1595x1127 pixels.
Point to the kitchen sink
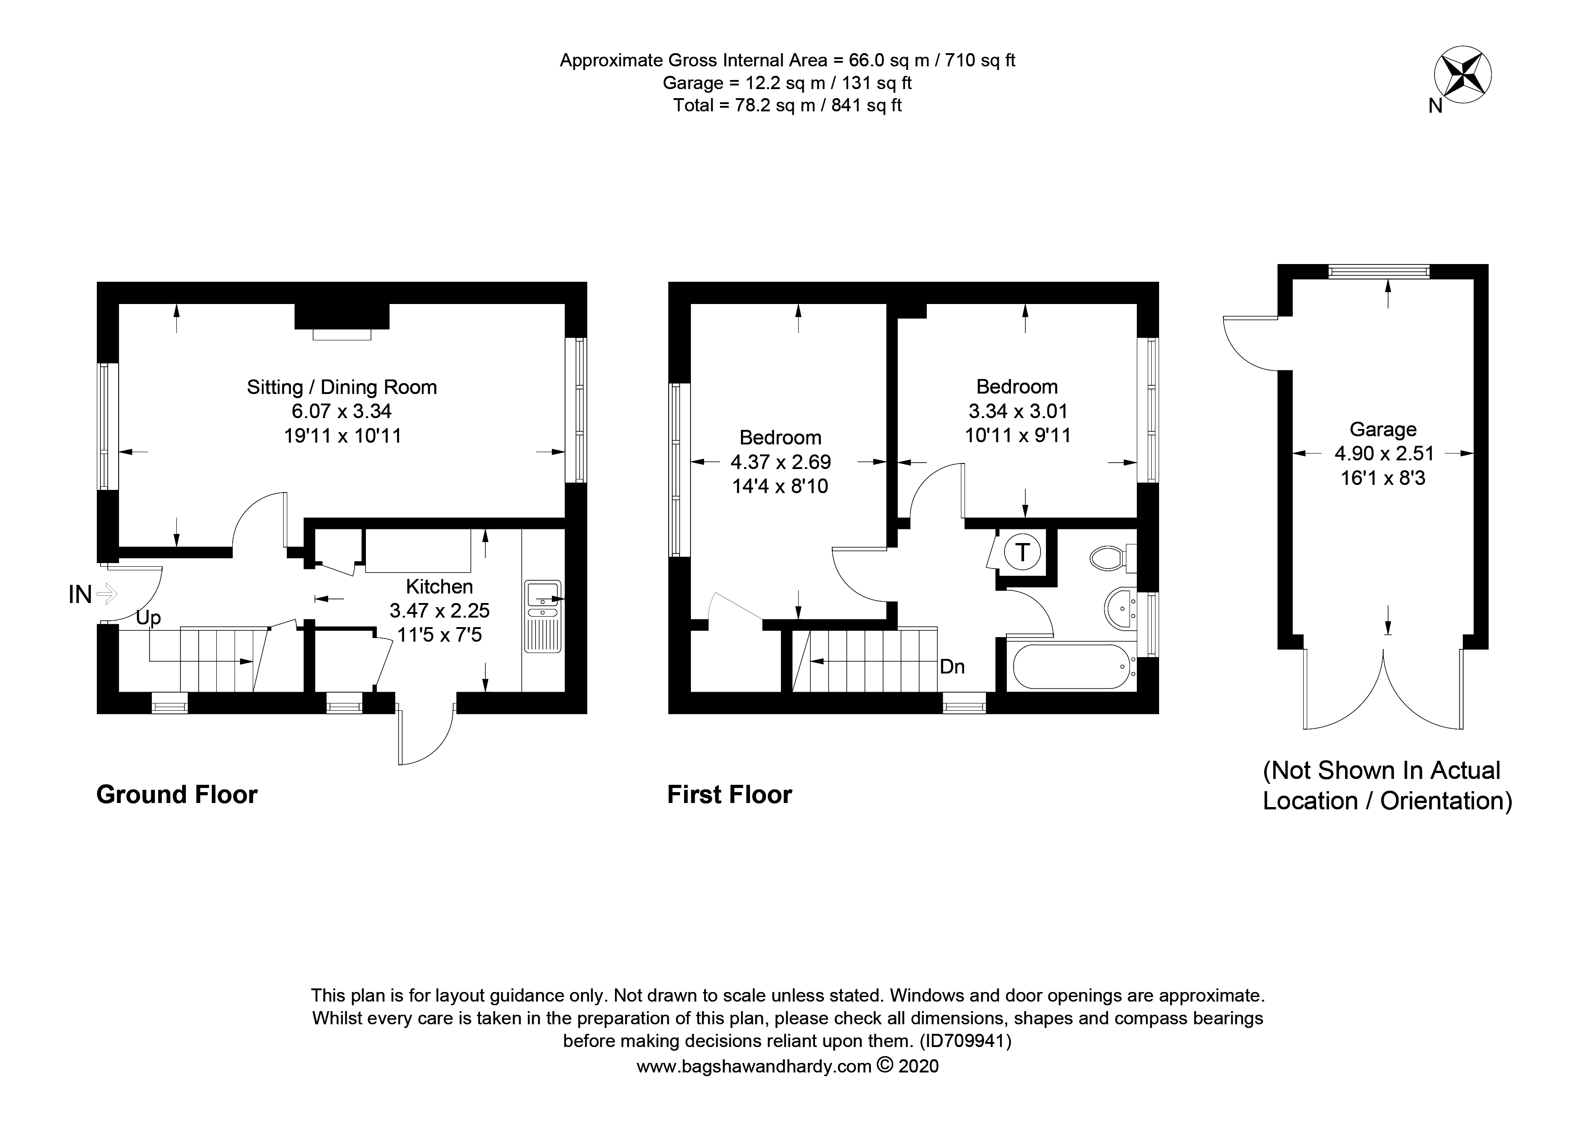[x=543, y=595]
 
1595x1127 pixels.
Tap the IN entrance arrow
[x=106, y=593]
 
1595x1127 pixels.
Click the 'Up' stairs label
[x=149, y=617]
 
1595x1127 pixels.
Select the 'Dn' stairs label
[x=952, y=667]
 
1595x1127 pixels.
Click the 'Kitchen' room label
[x=439, y=587]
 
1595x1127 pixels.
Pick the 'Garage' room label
[x=1382, y=429]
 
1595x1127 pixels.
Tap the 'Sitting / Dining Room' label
[x=342, y=388]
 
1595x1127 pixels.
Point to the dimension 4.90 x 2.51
[x=1384, y=454]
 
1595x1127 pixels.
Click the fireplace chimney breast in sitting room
[x=342, y=316]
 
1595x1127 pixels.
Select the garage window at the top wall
[x=1379, y=271]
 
